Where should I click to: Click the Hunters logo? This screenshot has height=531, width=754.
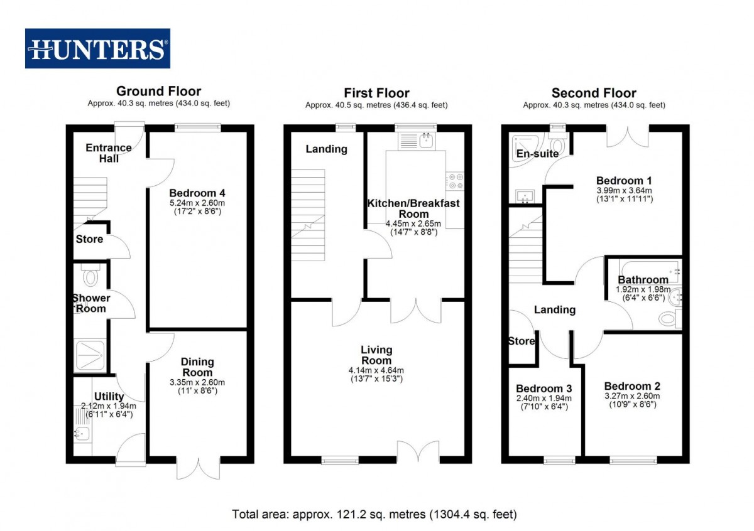(97, 48)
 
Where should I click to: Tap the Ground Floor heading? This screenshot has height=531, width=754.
(158, 91)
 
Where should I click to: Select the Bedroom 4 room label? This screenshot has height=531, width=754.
(197, 193)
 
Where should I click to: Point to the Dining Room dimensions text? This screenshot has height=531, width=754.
(197, 387)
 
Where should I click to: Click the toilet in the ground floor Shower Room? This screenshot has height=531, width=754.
(90, 275)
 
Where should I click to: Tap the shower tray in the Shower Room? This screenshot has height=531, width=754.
(90, 355)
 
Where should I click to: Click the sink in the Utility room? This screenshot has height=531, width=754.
(82, 434)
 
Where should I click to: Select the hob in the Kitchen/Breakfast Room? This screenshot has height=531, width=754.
(455, 181)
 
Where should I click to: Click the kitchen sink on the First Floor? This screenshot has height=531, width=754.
(426, 141)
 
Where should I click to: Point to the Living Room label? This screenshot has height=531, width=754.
(376, 355)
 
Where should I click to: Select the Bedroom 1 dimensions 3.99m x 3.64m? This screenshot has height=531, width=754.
(625, 190)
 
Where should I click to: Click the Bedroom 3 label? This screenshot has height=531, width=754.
(544, 389)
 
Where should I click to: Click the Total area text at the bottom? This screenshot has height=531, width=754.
(374, 514)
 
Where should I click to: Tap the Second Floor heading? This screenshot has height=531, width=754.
(594, 93)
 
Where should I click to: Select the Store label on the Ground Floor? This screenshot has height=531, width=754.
(89, 239)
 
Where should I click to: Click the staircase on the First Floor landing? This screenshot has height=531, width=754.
(308, 215)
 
